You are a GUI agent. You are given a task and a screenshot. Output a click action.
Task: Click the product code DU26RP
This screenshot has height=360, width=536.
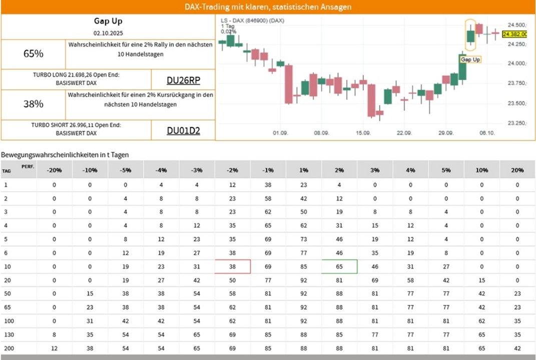(x=183, y=80)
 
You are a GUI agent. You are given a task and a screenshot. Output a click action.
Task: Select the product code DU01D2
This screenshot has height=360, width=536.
(x=183, y=131)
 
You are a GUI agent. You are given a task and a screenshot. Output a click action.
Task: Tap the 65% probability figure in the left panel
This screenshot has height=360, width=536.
(x=34, y=54)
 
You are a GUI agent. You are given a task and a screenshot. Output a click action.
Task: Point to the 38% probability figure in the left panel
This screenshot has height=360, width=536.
(x=34, y=104)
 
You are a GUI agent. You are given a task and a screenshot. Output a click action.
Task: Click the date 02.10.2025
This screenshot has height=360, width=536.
(x=108, y=33)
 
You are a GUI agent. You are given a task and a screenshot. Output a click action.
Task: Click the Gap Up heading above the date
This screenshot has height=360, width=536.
(x=108, y=21)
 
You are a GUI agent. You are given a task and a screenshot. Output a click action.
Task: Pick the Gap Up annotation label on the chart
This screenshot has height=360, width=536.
(x=470, y=59)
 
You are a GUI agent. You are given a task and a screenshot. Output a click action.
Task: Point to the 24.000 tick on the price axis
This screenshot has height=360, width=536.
(x=516, y=64)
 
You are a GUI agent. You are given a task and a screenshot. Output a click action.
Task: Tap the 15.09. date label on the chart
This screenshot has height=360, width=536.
(x=363, y=134)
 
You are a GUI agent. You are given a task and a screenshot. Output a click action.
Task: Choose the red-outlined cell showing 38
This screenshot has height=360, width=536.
(x=233, y=267)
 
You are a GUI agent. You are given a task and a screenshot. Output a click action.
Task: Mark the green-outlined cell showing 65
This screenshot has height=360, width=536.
(x=339, y=267)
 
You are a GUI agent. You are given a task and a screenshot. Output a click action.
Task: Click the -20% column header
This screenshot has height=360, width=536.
(x=54, y=170)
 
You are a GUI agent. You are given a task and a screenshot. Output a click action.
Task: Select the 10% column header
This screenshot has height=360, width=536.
(x=482, y=170)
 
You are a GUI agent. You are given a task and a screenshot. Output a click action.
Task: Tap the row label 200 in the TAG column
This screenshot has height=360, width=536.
(x=7, y=347)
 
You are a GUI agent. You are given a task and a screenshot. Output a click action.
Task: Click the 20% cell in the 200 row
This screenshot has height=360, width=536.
(x=517, y=347)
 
